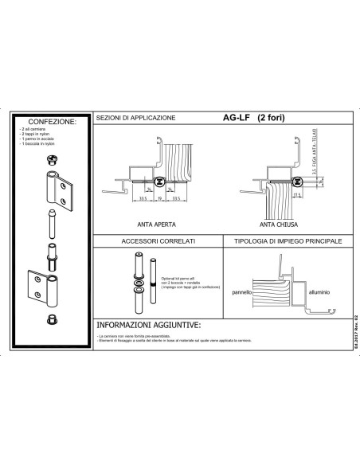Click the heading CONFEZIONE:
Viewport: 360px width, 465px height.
(x=52, y=122)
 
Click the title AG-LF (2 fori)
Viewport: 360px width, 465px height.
(x=254, y=118)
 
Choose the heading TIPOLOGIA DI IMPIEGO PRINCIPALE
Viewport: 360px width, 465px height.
(x=283, y=240)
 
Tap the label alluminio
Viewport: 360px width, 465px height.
(x=319, y=293)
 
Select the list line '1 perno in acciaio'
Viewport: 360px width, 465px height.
(x=36, y=141)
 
